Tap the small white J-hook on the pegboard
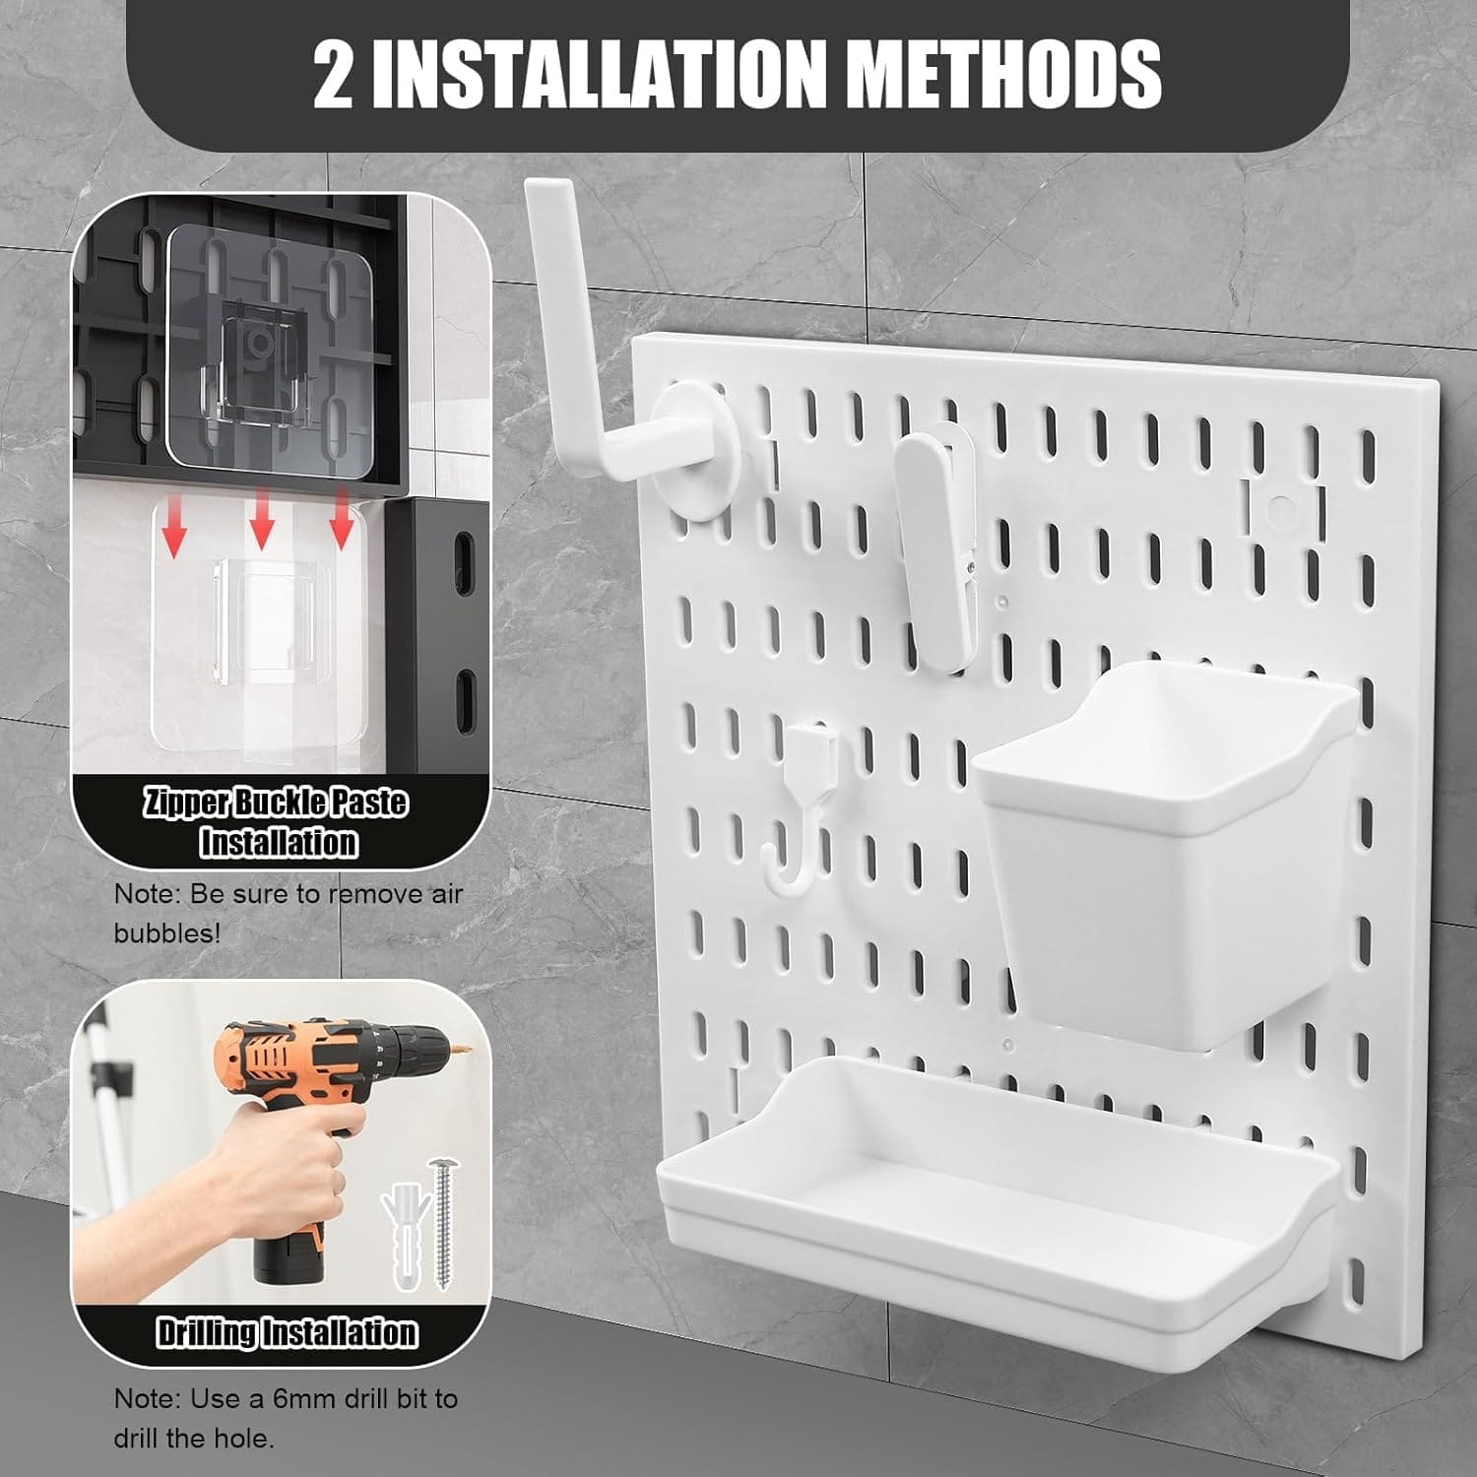pos(803,807)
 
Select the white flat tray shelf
pos(995,1191)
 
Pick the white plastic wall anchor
pos(404,1236)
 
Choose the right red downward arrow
pos(342,518)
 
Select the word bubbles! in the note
pos(167,932)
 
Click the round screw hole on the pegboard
pos(1281,509)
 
